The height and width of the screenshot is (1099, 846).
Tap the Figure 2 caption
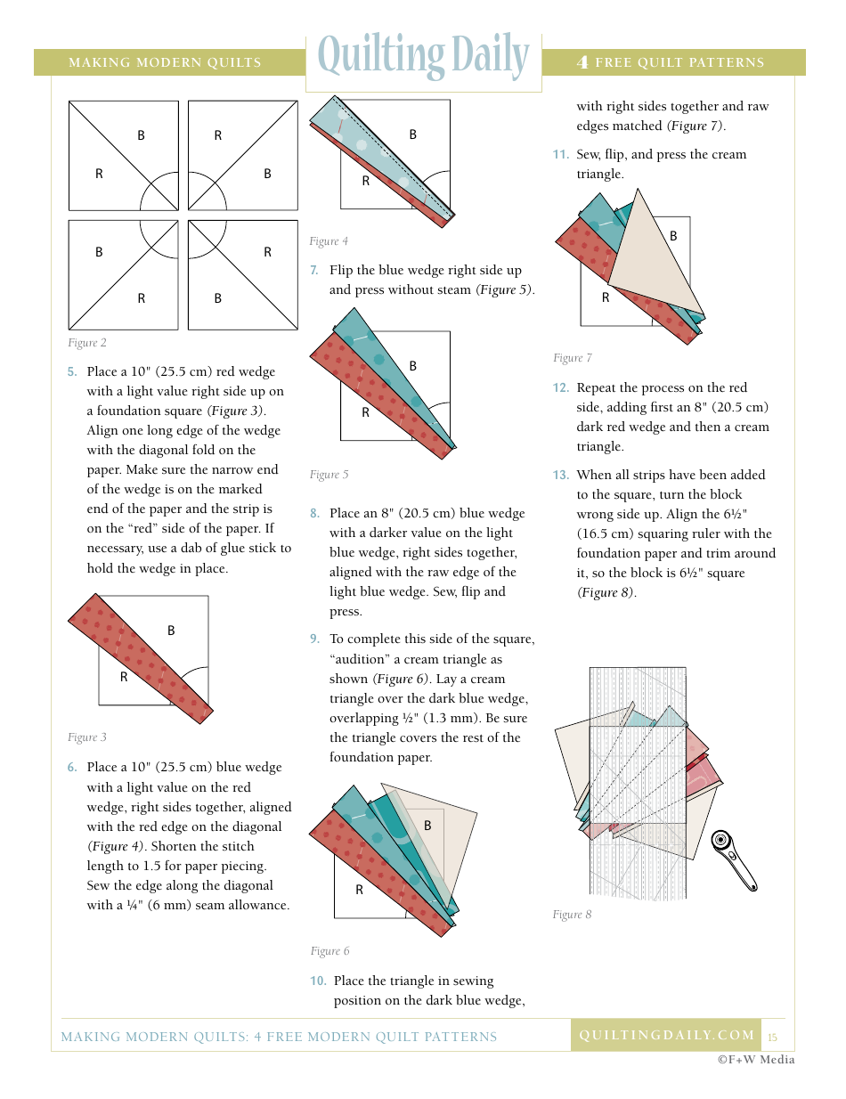click(x=87, y=343)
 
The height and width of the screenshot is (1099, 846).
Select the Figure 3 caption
click(x=87, y=737)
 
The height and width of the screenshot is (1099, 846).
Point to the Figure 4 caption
click(x=329, y=241)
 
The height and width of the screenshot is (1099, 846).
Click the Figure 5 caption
click(x=329, y=475)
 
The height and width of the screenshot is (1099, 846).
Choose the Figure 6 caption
click(x=329, y=951)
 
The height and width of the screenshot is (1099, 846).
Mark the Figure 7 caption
click(x=572, y=358)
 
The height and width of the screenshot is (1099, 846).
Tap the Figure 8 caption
click(x=572, y=915)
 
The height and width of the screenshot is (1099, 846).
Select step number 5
click(x=72, y=372)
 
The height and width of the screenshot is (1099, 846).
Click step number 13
click(x=560, y=476)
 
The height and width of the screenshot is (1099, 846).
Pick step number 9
click(x=314, y=639)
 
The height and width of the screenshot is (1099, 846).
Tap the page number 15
click(x=772, y=1038)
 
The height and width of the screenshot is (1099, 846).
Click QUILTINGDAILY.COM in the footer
click(x=666, y=1035)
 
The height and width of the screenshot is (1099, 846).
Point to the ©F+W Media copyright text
click(x=756, y=1060)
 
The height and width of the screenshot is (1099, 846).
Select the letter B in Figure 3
click(x=171, y=631)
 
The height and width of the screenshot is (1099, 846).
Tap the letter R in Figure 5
click(x=365, y=412)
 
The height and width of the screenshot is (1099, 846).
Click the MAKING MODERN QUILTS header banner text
click(x=165, y=62)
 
